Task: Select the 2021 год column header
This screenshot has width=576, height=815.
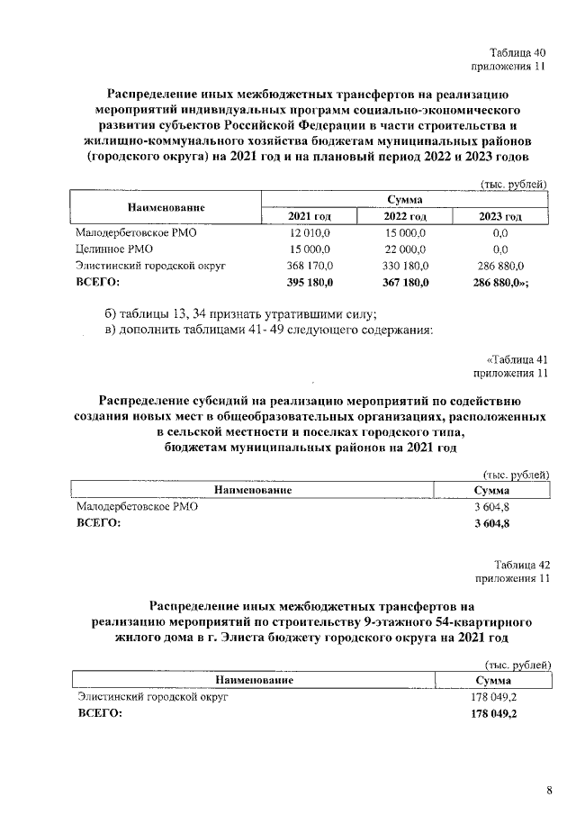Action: click(x=310, y=216)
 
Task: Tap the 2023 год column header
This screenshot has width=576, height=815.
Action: click(x=500, y=216)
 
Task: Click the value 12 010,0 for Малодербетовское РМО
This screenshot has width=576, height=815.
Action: click(x=310, y=232)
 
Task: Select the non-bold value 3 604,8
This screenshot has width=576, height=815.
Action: click(x=491, y=507)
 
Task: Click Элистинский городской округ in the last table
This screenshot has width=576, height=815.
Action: click(x=152, y=697)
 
